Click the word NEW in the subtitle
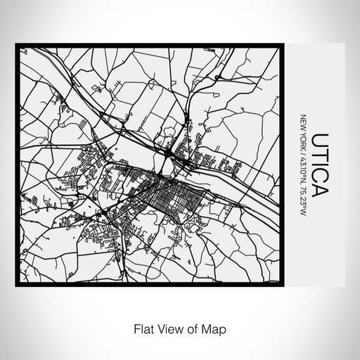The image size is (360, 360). coord(303,120)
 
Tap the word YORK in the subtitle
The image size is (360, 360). coord(303,137)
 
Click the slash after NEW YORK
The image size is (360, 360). coord(303,149)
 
